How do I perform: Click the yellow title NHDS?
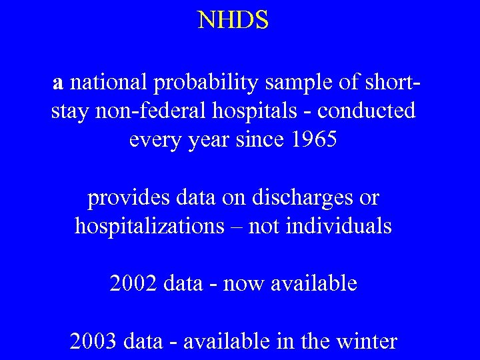tap(233, 21)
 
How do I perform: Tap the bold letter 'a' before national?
tap(59, 83)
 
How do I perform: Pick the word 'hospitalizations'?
tap(149, 227)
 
